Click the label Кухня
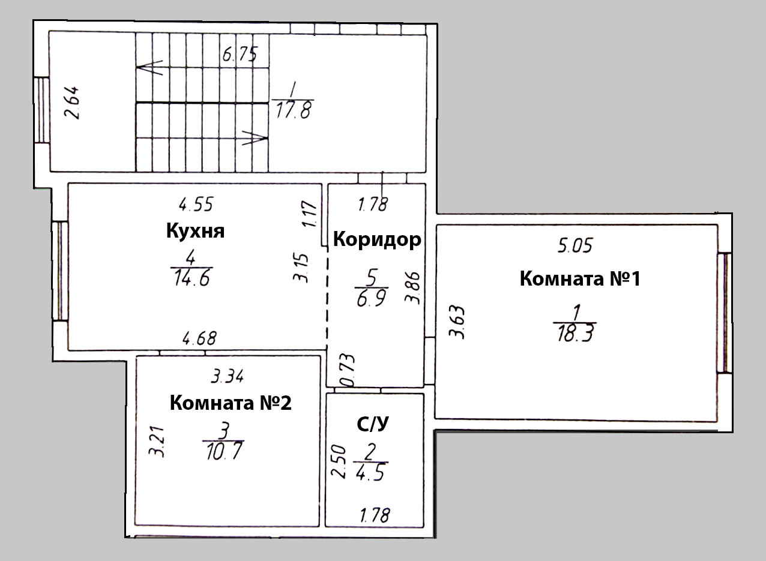(195, 231)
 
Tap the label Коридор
(376, 240)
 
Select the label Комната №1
(579, 279)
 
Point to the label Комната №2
(231, 403)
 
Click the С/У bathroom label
(373, 425)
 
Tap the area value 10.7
(223, 450)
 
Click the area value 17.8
(292, 112)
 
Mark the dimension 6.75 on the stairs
(240, 56)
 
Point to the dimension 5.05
(575, 246)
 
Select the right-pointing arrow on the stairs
(255, 138)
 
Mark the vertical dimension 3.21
(157, 443)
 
